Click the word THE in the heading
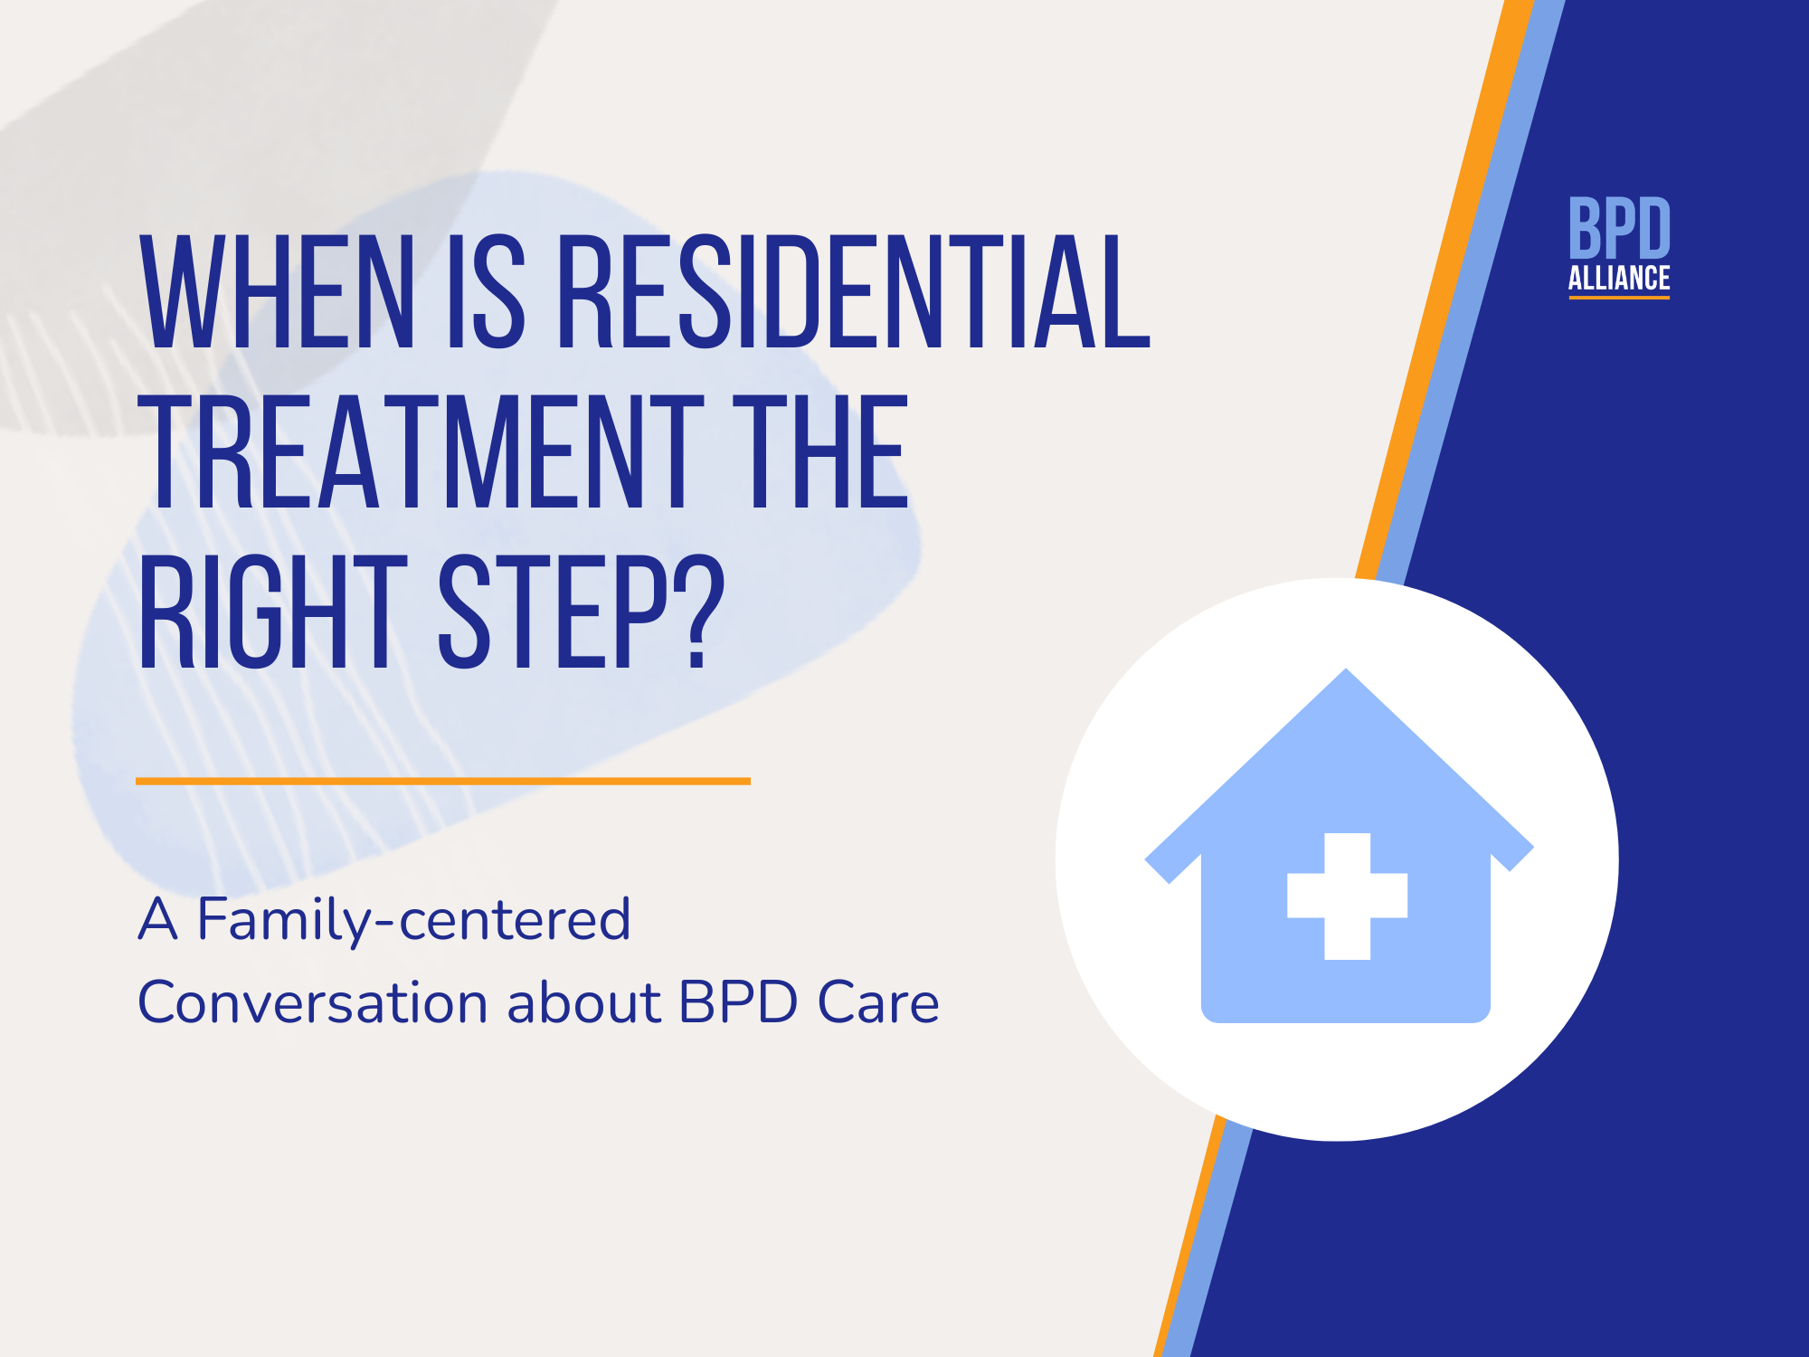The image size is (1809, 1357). pyautogui.click(x=819, y=452)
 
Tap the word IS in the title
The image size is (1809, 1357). pyautogui.click(x=486, y=291)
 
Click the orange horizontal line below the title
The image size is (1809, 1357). pyautogui.click(x=442, y=781)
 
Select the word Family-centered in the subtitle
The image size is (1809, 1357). pyautogui.click(x=413, y=921)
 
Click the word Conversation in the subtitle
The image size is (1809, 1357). pyautogui.click(x=312, y=1003)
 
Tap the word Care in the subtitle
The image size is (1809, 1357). pyautogui.click(x=877, y=1003)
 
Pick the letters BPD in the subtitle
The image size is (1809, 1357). pyautogui.click(x=738, y=1003)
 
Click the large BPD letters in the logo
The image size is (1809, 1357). pyautogui.click(x=1619, y=228)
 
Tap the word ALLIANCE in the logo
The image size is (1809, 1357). pyautogui.click(x=1619, y=279)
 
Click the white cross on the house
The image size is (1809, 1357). pyautogui.click(x=1347, y=896)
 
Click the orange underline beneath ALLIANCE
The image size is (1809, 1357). pyautogui.click(x=1619, y=298)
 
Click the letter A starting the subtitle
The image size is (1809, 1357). pyautogui.click(x=157, y=919)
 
